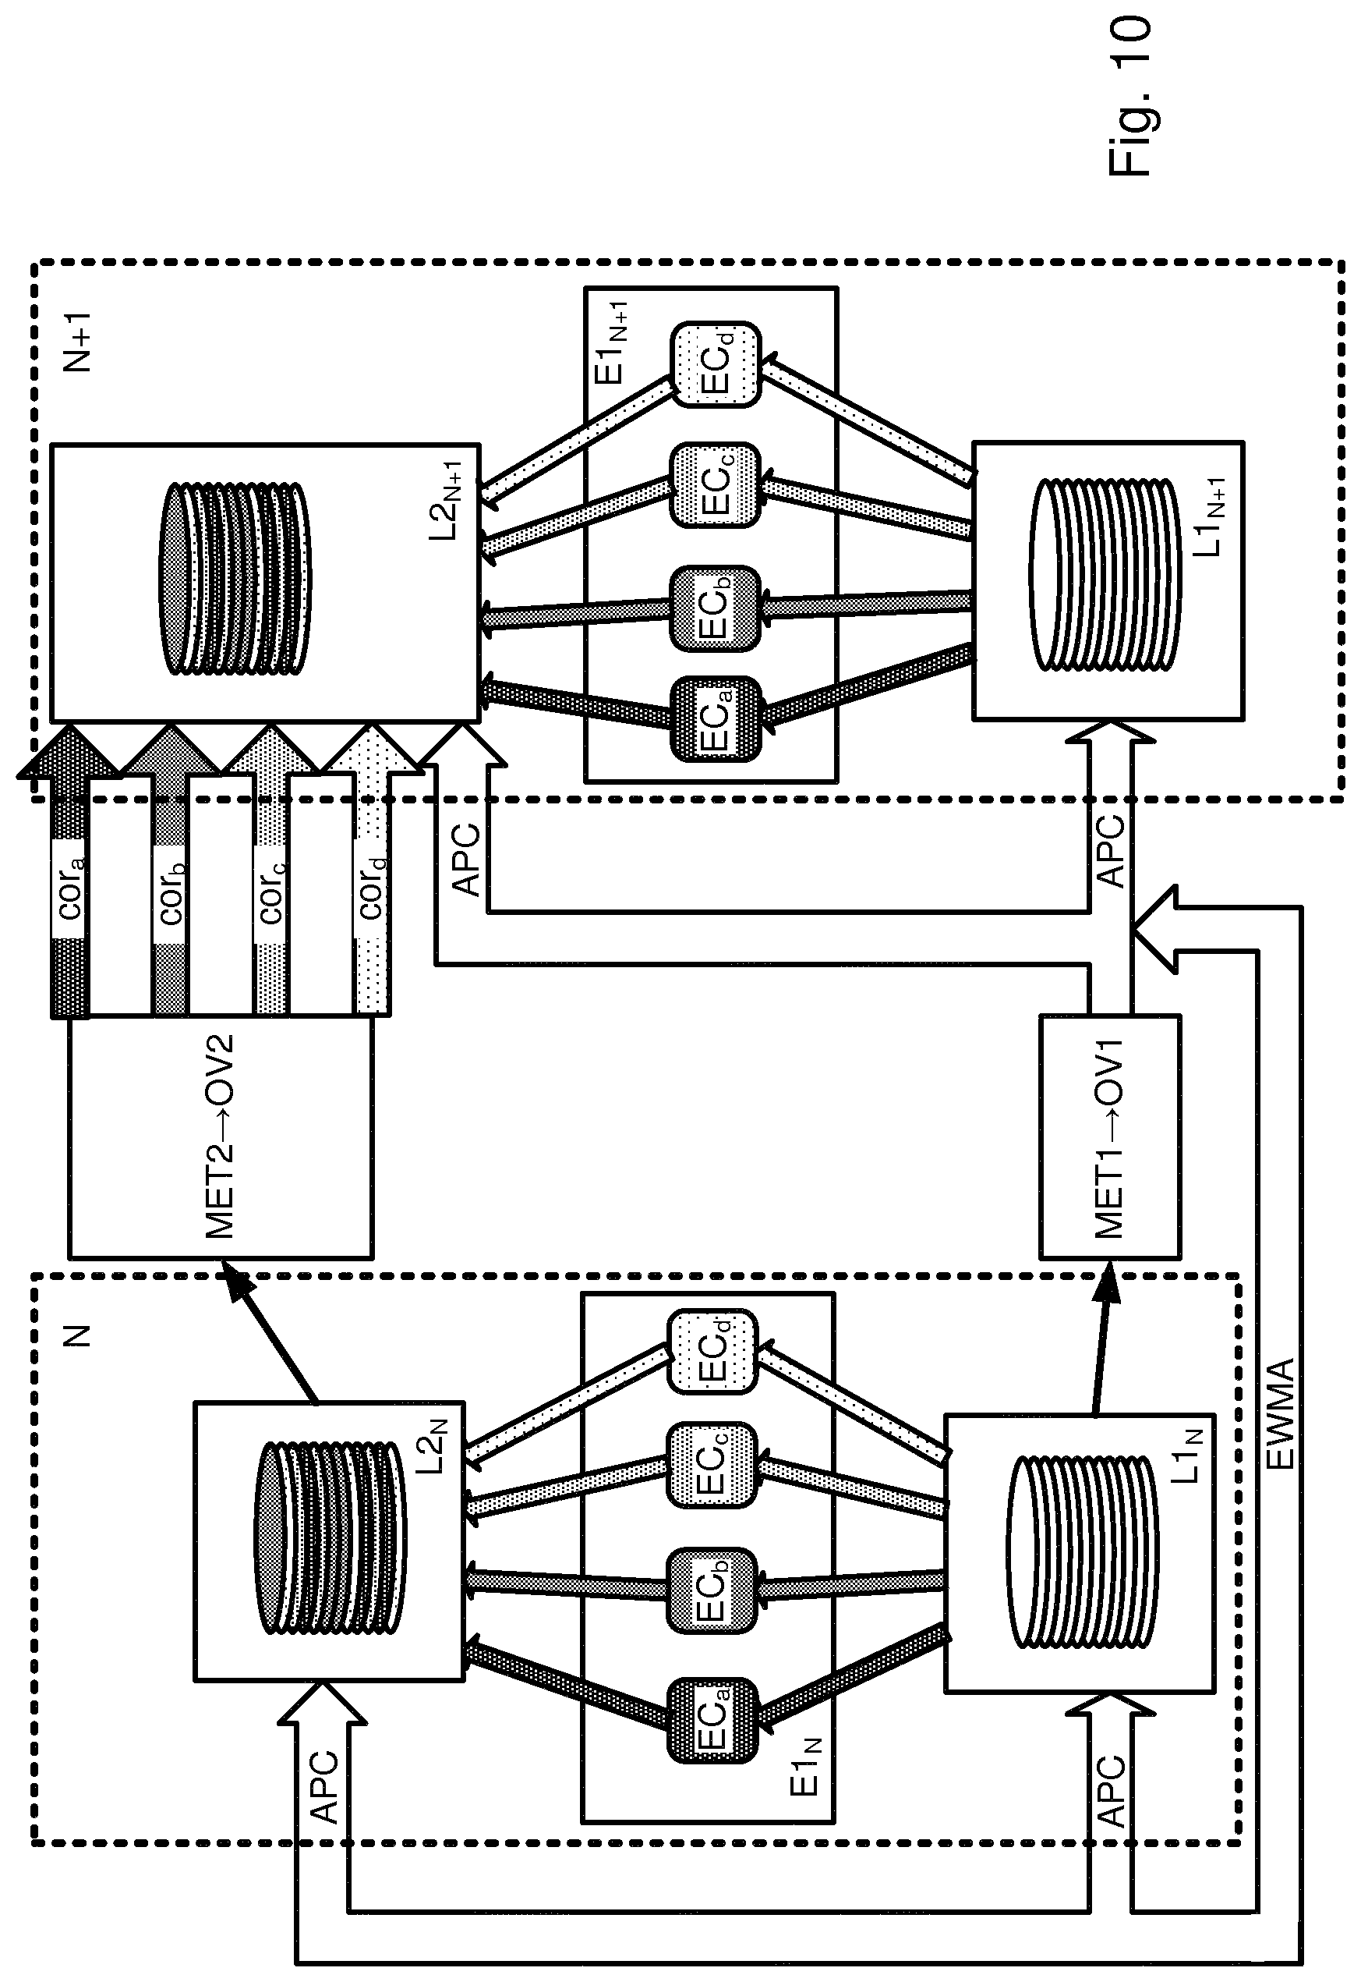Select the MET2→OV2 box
[x=221, y=1137]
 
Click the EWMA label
[x=1279, y=1413]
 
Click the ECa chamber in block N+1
[x=715, y=718]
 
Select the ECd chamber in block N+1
[x=715, y=364]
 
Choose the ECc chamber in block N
[x=711, y=1464]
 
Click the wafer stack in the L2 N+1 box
[x=235, y=580]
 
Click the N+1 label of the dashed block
[x=78, y=342]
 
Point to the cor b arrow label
[x=171, y=893]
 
